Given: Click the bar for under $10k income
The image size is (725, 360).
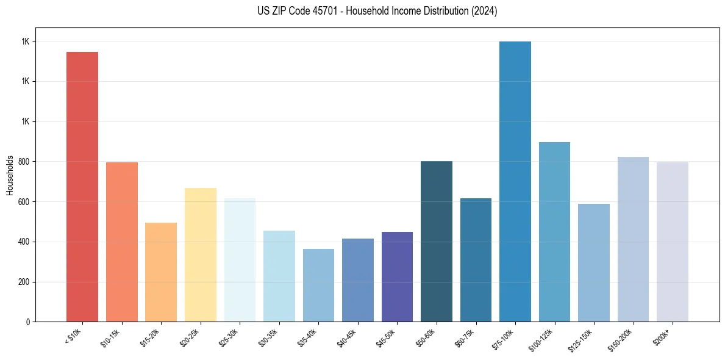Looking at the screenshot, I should pos(82,187).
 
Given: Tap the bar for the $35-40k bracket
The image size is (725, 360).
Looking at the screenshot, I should pos(318,285).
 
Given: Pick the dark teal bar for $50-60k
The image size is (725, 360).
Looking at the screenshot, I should pos(437,241).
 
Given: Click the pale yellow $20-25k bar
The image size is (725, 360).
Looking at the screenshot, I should pos(201,254).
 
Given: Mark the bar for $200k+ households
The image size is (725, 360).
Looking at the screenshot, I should pos(673,242).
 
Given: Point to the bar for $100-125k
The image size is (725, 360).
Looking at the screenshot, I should pos(554,232).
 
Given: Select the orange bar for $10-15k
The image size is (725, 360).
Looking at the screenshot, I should pos(122,242).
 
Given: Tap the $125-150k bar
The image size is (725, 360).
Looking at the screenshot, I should pos(594,262).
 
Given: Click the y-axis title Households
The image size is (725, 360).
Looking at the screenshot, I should pos(10,175).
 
